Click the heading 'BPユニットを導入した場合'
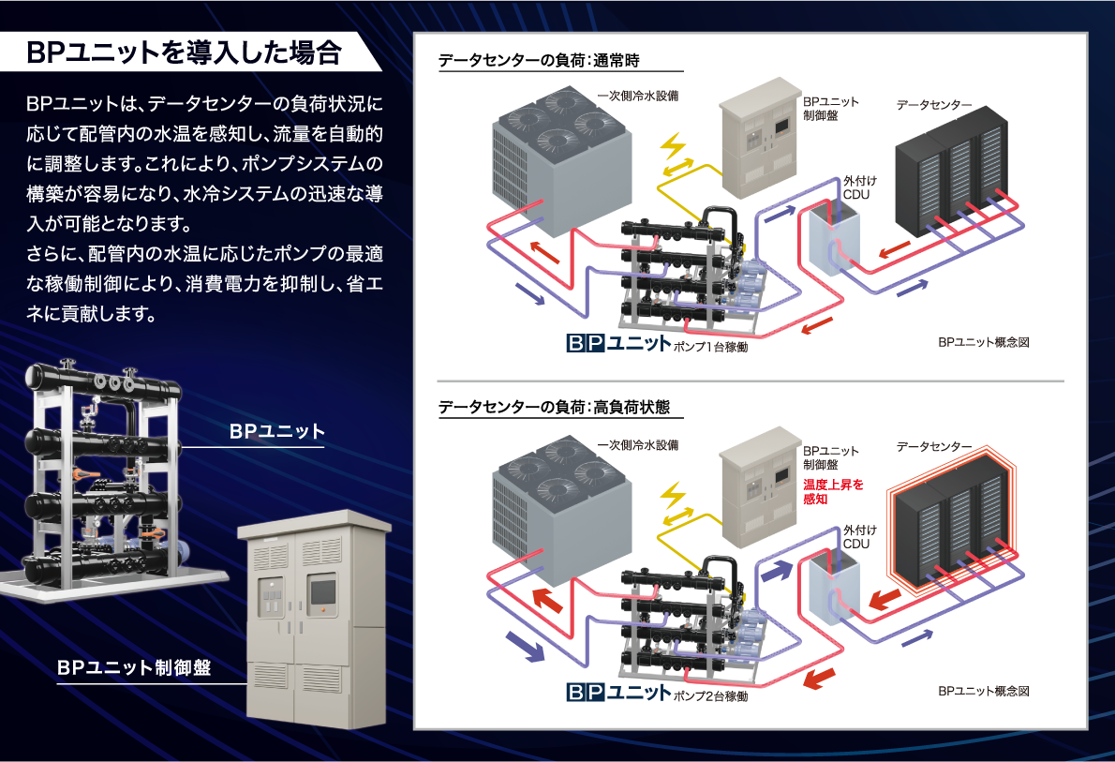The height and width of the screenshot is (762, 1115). (x=184, y=52)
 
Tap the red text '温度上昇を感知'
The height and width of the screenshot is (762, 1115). (x=833, y=492)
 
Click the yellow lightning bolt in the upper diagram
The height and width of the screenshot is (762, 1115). (x=674, y=148)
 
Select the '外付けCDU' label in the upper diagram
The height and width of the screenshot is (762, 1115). (x=856, y=187)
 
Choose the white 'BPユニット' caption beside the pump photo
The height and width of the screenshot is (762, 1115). (x=277, y=432)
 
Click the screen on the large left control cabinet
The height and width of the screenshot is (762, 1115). (x=321, y=592)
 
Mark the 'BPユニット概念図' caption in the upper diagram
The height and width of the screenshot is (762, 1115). (x=984, y=343)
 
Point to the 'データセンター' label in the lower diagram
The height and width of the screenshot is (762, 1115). (x=934, y=446)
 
